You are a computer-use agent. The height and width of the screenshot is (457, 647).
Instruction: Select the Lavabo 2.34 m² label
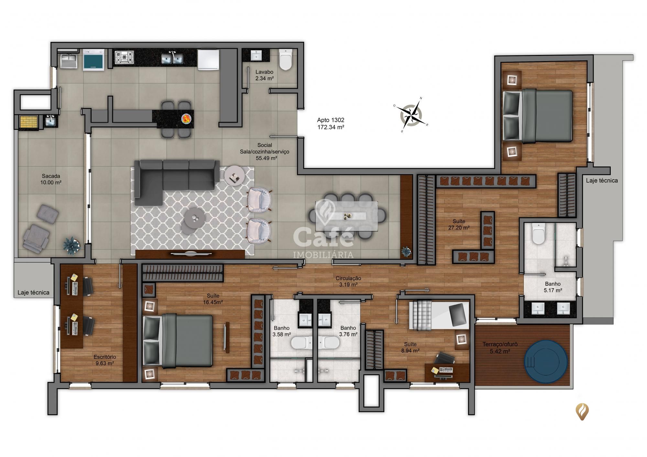click(x=264, y=75)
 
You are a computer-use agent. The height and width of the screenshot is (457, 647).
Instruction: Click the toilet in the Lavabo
click(x=285, y=60)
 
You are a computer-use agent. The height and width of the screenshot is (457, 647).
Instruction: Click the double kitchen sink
click(x=172, y=58)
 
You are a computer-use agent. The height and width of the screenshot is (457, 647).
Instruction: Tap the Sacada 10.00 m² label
click(x=51, y=179)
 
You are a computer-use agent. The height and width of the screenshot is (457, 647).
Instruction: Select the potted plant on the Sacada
click(x=71, y=245)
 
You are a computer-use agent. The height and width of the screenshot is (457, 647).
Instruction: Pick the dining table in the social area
click(x=347, y=216)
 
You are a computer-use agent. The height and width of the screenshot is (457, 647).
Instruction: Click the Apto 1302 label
click(x=331, y=123)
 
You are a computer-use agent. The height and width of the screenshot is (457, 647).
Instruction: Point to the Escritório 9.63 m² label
click(x=104, y=360)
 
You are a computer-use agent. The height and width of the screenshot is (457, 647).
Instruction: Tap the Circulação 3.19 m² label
click(x=348, y=281)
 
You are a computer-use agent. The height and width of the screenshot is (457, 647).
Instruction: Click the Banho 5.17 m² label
click(x=553, y=287)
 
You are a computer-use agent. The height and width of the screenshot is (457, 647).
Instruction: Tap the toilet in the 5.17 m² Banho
click(x=539, y=233)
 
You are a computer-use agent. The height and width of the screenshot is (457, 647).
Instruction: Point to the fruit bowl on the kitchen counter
click(x=187, y=118)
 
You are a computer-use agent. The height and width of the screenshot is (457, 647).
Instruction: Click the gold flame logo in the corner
click(x=582, y=411)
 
